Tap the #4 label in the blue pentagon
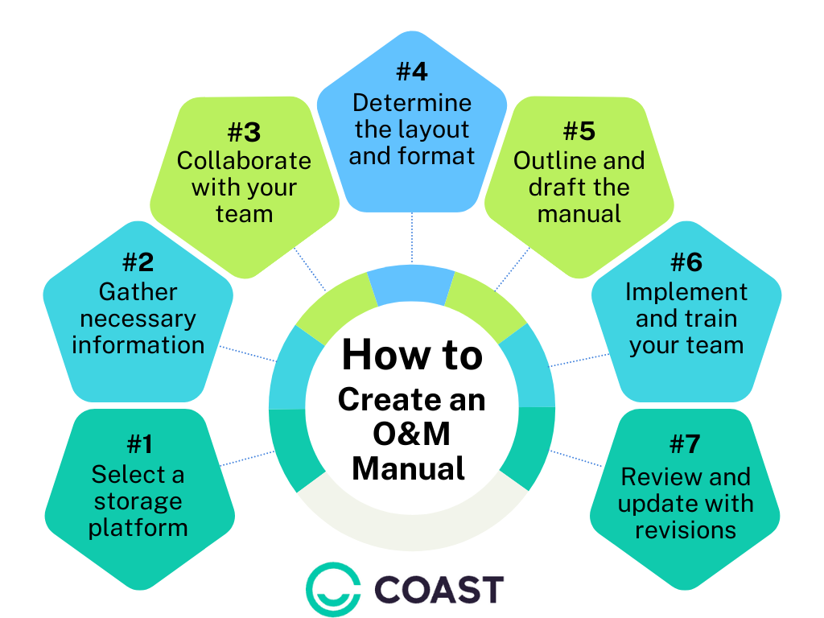point(412,72)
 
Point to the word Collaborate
point(244,161)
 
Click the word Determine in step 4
point(412,103)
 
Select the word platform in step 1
point(138,528)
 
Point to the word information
point(138,345)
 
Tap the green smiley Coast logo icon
point(332,589)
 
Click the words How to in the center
point(412,355)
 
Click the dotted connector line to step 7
point(575,459)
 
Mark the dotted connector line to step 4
point(412,238)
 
